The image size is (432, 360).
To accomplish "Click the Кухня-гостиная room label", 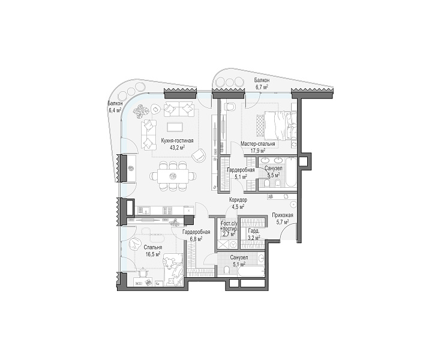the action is (177, 141).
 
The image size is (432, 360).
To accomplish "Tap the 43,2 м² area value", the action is (177, 148).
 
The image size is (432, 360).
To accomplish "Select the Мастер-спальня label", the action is (257, 144).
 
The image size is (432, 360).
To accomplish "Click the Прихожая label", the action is (283, 215).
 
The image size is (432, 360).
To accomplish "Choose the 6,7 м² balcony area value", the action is (262, 87).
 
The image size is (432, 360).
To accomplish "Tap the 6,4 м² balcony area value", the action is (115, 110).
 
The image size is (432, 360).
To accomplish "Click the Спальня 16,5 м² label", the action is (152, 251).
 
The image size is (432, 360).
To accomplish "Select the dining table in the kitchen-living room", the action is (173, 176).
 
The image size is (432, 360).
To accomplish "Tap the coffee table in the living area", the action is (175, 127).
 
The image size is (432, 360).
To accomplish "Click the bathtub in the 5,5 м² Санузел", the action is (290, 172).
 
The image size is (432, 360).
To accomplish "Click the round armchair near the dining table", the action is (199, 155).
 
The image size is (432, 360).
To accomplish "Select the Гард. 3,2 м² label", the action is (254, 234).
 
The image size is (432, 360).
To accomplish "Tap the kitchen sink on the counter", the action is (145, 211).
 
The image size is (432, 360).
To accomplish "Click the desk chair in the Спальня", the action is (143, 272).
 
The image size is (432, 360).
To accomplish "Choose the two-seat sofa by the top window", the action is (179, 109).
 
